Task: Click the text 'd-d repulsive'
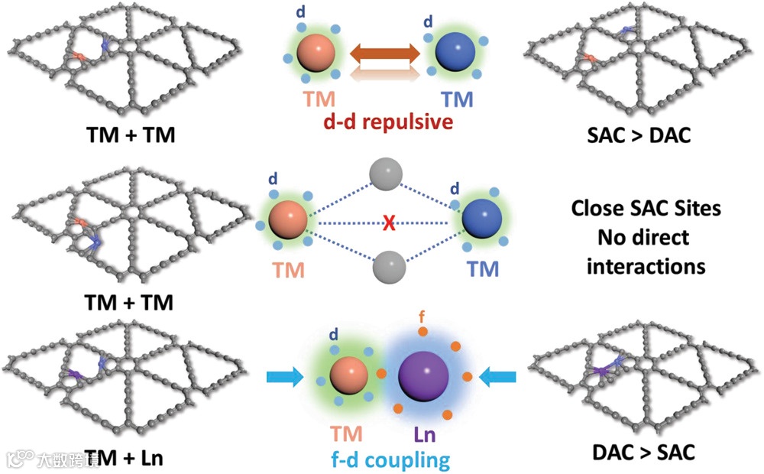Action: point(384,123)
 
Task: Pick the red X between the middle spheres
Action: point(389,222)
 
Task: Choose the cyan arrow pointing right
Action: point(285,376)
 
